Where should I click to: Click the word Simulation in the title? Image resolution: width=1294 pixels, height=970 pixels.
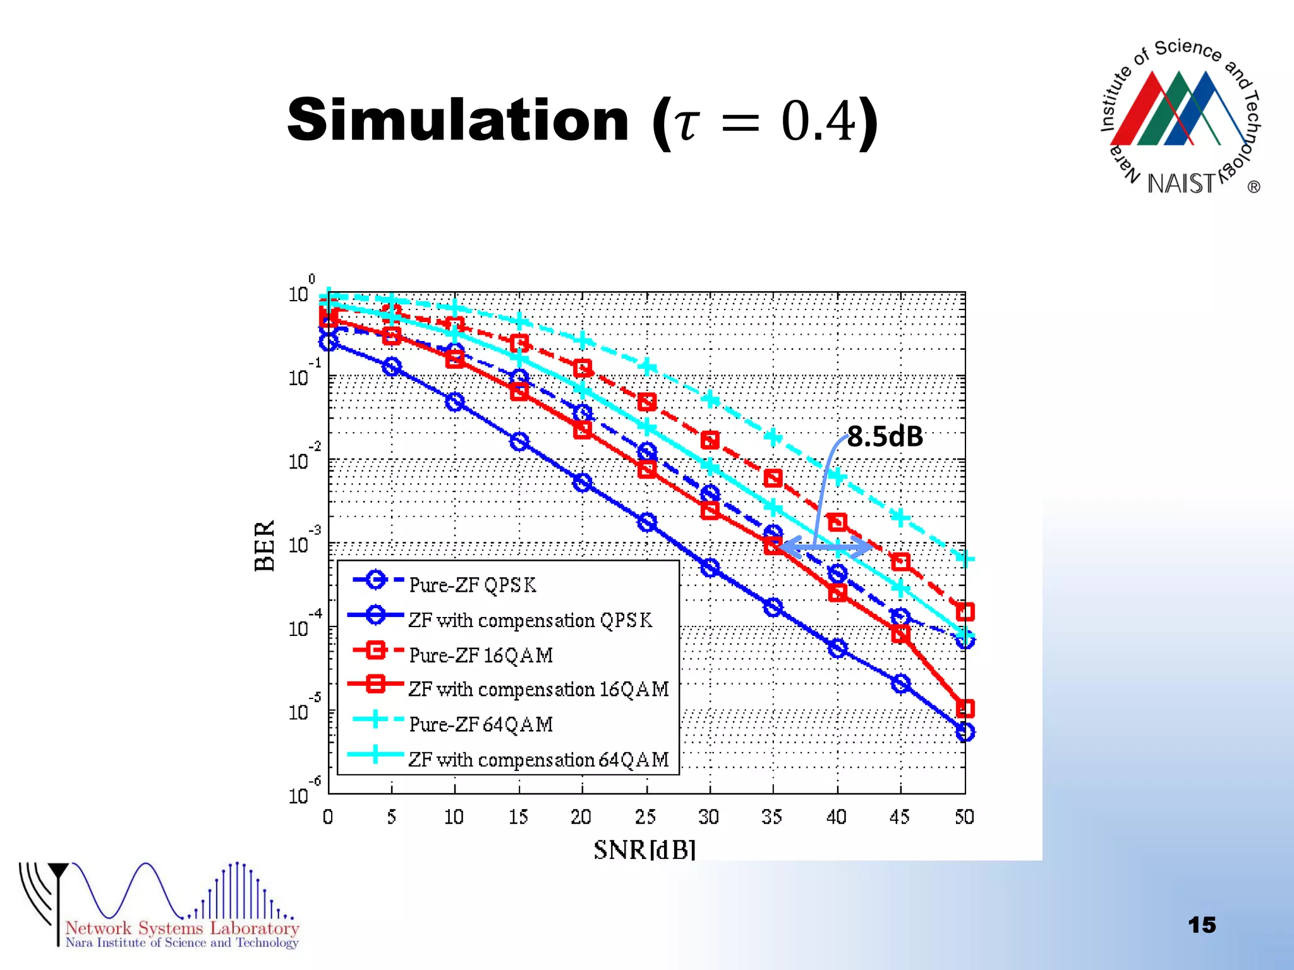click(457, 120)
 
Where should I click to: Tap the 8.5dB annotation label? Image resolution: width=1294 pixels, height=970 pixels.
click(885, 436)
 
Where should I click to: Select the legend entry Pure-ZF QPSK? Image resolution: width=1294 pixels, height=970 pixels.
click(472, 585)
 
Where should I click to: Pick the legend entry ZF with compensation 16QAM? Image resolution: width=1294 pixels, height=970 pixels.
click(538, 689)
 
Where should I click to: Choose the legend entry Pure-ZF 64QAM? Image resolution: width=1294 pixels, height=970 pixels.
click(481, 724)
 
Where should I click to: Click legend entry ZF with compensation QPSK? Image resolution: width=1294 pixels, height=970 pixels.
click(529, 620)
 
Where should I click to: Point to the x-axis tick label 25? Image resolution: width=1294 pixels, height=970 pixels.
click(645, 817)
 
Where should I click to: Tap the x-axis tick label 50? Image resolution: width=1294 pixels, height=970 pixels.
click(964, 817)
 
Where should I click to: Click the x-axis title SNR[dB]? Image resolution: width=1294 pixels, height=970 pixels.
click(644, 850)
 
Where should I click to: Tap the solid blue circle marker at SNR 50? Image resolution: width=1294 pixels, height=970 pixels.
click(965, 733)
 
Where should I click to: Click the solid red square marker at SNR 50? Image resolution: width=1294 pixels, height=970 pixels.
click(965, 709)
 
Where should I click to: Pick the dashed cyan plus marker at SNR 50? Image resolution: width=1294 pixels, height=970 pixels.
click(965, 559)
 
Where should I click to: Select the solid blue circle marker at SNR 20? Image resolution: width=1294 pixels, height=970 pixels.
click(583, 483)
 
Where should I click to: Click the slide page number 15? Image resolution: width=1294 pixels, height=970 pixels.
click(1201, 925)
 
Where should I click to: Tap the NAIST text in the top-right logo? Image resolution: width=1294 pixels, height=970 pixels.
click(1180, 184)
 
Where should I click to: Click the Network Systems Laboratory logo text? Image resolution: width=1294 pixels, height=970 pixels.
click(182, 928)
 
